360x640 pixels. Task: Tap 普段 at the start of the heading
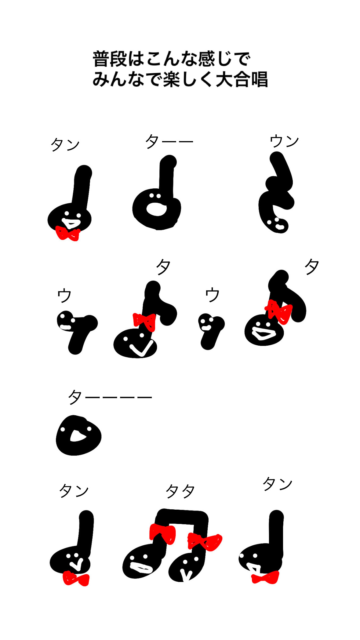(110, 59)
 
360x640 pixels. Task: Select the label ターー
(169, 142)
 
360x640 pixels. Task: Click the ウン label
(284, 141)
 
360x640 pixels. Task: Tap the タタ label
(180, 491)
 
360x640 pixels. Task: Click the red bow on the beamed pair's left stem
(162, 533)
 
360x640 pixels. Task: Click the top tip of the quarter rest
(277, 158)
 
